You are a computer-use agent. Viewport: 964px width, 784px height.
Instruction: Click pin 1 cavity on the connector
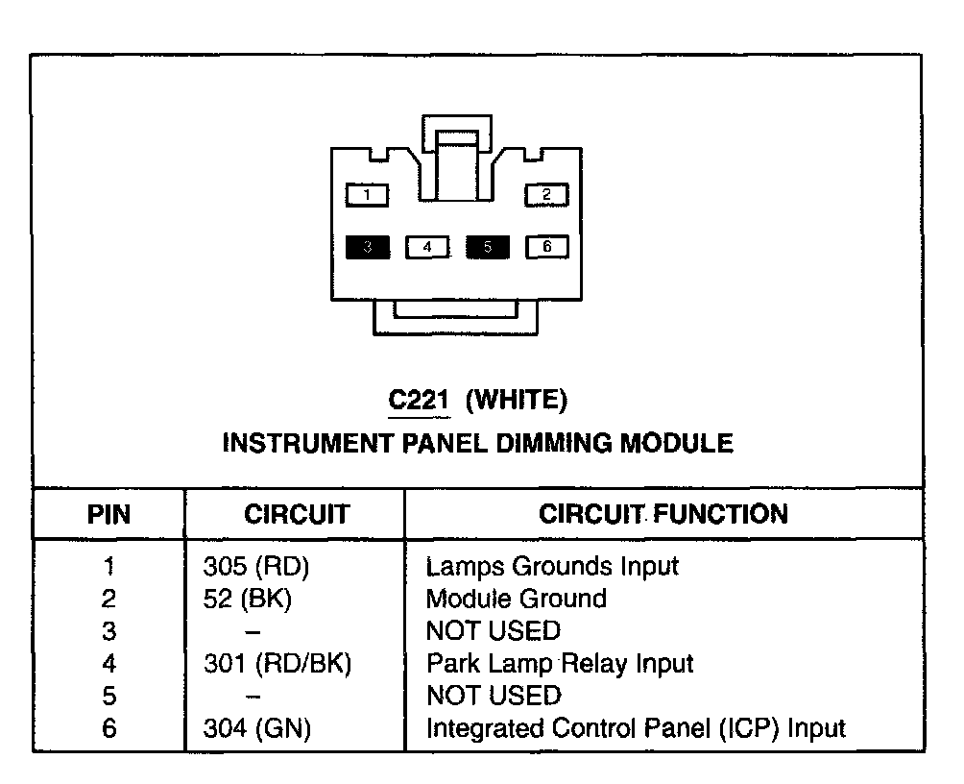click(368, 196)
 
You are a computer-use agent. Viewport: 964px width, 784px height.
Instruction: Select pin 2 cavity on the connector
click(546, 195)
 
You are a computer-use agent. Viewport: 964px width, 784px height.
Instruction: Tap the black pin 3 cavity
click(368, 247)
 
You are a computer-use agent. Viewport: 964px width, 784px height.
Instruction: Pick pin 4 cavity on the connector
click(427, 248)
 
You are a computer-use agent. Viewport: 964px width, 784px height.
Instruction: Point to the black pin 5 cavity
click(487, 247)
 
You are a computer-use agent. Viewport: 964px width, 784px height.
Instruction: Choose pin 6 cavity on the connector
click(546, 247)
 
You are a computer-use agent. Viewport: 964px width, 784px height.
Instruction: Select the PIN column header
click(108, 514)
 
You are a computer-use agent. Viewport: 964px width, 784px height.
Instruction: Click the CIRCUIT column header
click(296, 514)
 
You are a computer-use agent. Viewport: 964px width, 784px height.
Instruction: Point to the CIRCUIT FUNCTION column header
click(663, 513)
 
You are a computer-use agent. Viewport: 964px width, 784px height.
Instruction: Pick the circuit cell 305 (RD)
click(255, 567)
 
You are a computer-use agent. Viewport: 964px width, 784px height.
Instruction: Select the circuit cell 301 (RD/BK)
click(277, 663)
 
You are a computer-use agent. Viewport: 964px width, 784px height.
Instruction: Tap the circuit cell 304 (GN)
click(257, 728)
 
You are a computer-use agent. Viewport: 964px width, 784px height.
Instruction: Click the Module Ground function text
click(517, 599)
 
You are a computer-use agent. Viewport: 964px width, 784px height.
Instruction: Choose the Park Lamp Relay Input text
click(560, 663)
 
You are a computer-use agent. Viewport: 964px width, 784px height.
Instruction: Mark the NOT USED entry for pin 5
click(493, 696)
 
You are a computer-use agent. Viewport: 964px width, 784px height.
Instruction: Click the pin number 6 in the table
click(108, 728)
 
